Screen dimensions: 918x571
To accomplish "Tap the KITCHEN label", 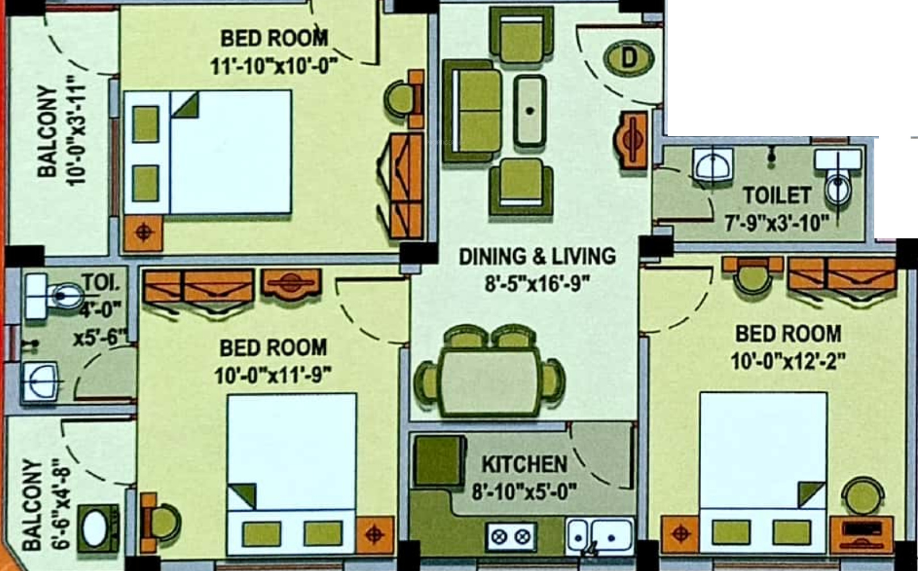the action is (525, 464).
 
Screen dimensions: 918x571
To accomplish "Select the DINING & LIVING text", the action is (537, 257).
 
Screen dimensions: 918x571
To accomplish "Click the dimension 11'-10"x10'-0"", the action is (274, 65).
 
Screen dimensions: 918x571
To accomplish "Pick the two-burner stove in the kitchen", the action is (510, 536).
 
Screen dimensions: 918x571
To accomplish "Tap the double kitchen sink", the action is (600, 535).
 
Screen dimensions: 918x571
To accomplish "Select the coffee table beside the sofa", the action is (530, 111).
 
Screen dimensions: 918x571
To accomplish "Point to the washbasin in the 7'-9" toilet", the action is (713, 165).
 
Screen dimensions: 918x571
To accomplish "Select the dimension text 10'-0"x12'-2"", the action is (788, 362).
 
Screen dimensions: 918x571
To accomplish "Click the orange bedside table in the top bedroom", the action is (144, 233).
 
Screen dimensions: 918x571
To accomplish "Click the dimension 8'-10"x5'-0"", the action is (524, 492).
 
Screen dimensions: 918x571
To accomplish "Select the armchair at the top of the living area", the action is (521, 36).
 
